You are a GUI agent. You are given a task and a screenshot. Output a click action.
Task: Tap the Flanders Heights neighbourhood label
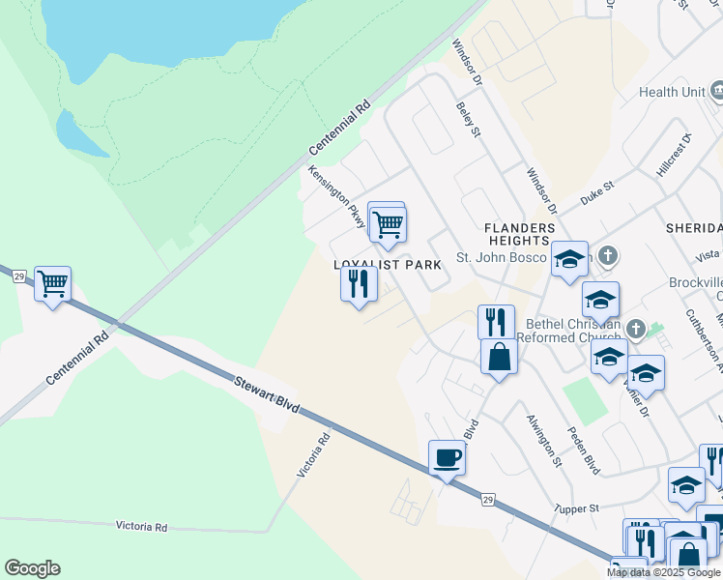click(520, 234)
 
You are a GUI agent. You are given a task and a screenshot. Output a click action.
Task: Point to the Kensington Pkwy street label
click(336, 197)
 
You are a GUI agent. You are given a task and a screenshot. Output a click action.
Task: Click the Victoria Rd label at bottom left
click(141, 527)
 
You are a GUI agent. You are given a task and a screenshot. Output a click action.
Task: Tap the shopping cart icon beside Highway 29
click(52, 284)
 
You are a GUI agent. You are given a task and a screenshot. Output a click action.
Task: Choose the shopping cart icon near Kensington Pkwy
click(388, 224)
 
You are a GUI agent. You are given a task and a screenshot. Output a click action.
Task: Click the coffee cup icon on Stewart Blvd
click(447, 457)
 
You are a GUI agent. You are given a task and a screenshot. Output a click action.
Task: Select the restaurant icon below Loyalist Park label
click(358, 284)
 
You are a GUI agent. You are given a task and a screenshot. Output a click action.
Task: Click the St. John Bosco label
click(501, 259)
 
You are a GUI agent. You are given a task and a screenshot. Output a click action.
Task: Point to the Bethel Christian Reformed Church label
click(570, 330)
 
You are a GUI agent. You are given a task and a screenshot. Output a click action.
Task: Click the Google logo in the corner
click(32, 568)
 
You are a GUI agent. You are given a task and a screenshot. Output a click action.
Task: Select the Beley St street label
click(469, 121)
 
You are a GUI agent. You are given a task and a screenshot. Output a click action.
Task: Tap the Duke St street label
click(597, 192)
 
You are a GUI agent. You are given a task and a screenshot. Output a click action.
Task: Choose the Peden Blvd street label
click(584, 450)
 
